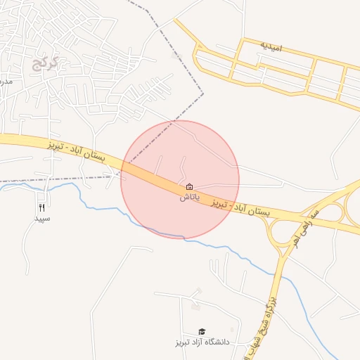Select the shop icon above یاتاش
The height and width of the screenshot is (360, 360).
[190, 187]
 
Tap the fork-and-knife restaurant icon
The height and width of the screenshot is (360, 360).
[42, 207]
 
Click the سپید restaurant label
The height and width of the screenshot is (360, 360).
[43, 219]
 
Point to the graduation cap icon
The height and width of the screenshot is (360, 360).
[202, 331]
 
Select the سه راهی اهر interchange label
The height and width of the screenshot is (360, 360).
[307, 226]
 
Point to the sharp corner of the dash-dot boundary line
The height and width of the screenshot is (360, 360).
[203, 92]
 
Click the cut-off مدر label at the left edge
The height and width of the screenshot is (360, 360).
[6, 82]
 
